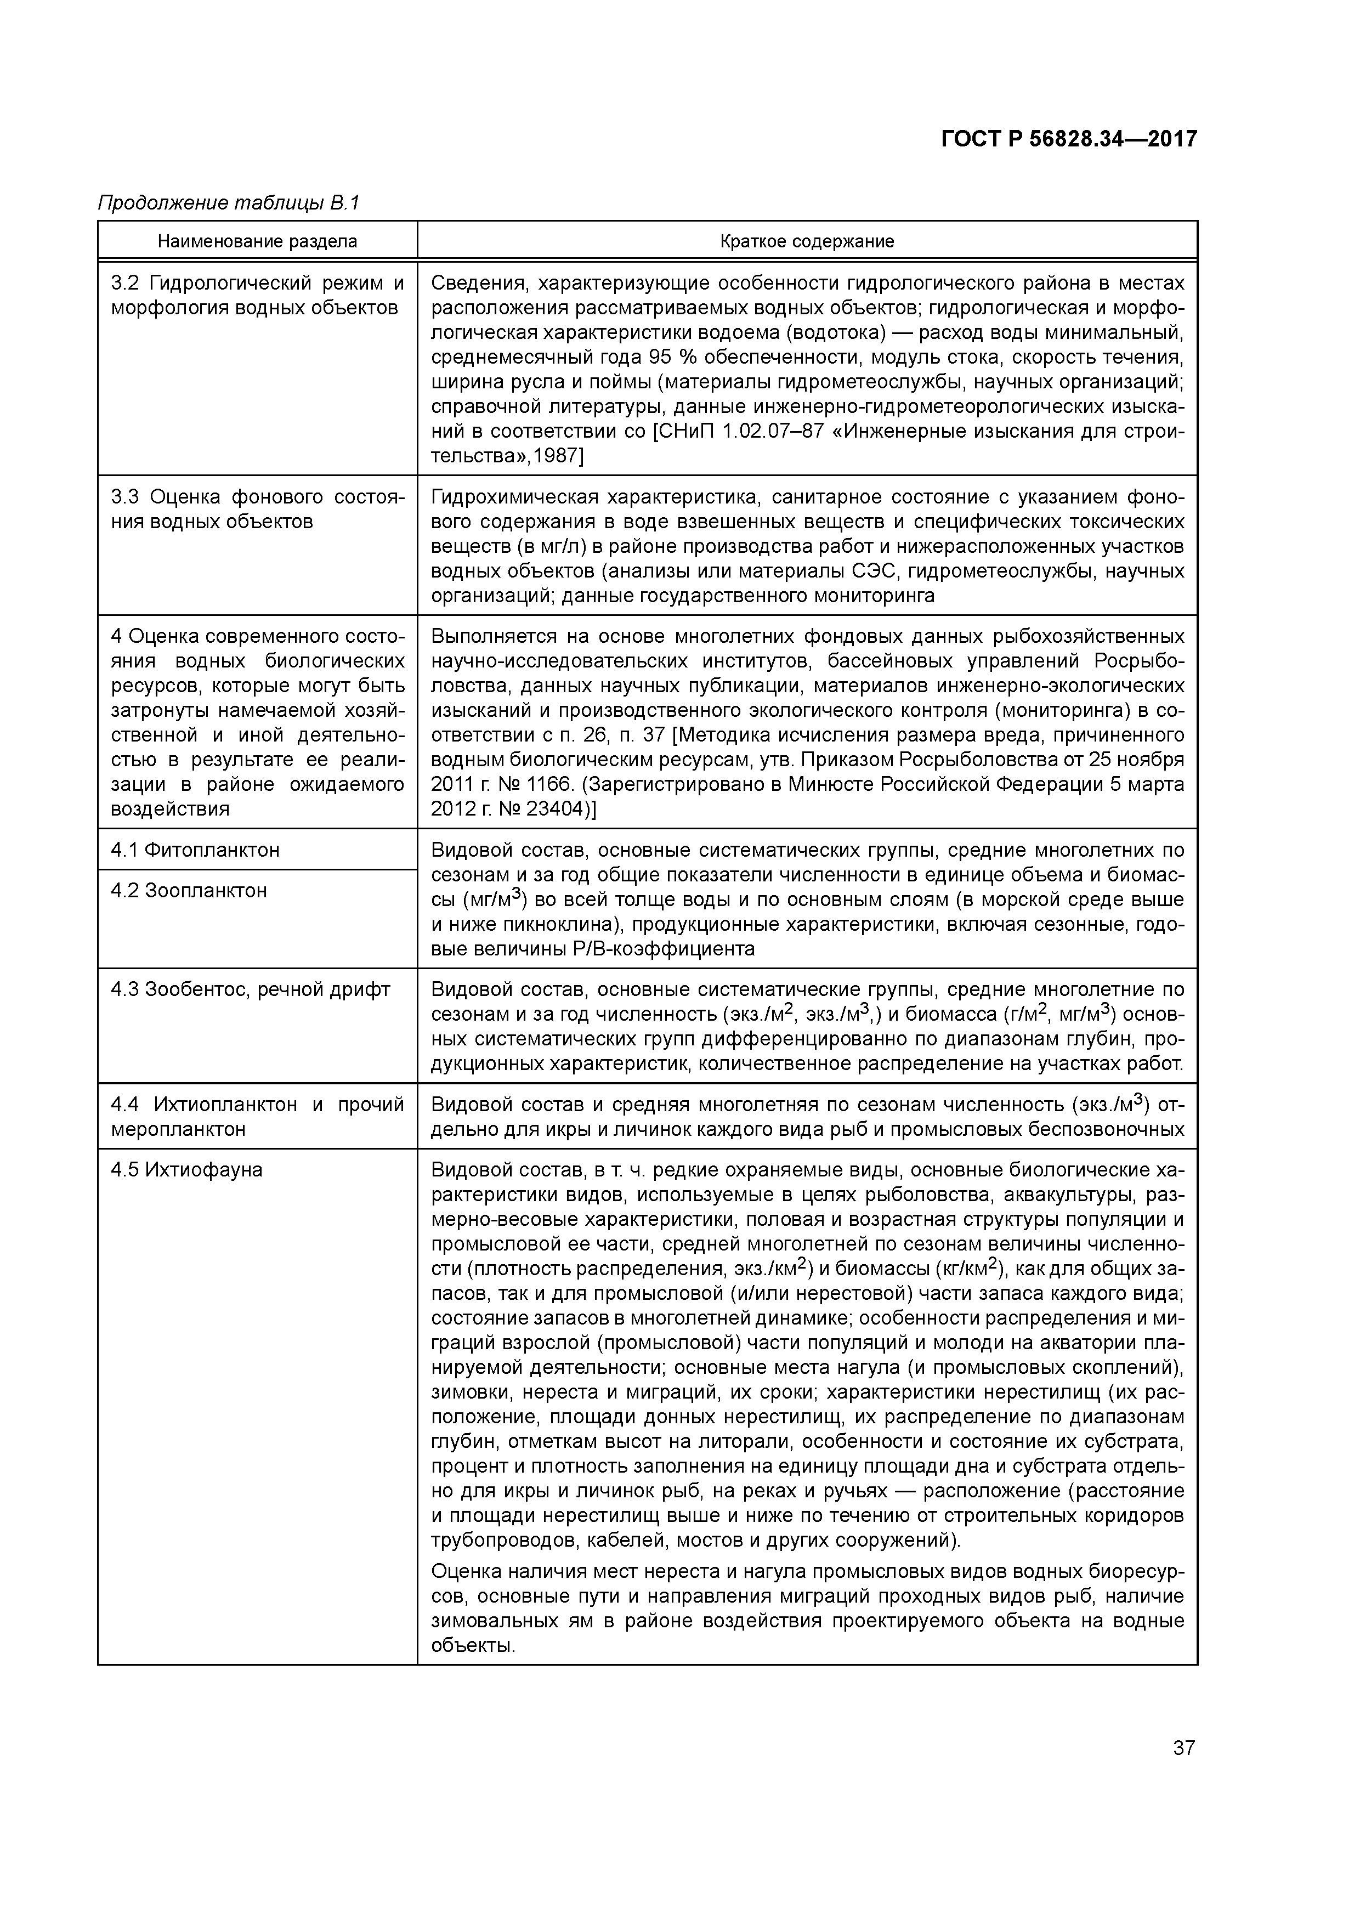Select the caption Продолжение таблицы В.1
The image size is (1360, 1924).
pyautogui.click(x=229, y=203)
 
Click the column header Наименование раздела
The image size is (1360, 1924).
pyautogui.click(x=257, y=241)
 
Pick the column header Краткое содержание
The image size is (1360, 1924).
pyautogui.click(x=807, y=241)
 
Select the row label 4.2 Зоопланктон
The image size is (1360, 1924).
pyautogui.click(x=189, y=891)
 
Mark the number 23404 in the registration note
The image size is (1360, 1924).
pyautogui.click(x=554, y=810)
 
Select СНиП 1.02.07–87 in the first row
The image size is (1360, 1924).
pyautogui.click(x=728, y=432)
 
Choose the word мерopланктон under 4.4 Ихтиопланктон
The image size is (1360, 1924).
pyautogui.click(x=178, y=1130)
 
